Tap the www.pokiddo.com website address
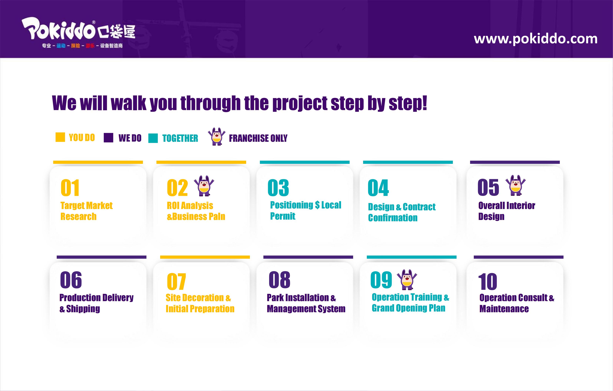pyautogui.click(x=536, y=39)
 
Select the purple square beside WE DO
pyautogui.click(x=108, y=138)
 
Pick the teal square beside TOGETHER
pyautogui.click(x=153, y=138)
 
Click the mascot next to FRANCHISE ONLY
pyautogui.click(x=217, y=137)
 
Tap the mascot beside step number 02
pyautogui.click(x=204, y=186)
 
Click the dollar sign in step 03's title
pyautogui.click(x=317, y=205)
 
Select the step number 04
pyautogui.click(x=378, y=188)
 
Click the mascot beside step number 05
pyautogui.click(x=515, y=185)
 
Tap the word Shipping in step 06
pyautogui.click(x=83, y=309)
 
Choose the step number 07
pyautogui.click(x=176, y=281)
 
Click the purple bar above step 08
pyautogui.click(x=308, y=257)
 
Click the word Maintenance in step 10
pyautogui.click(x=504, y=309)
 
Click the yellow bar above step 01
pyautogui.click(x=98, y=162)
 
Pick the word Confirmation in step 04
pyautogui.click(x=393, y=218)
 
